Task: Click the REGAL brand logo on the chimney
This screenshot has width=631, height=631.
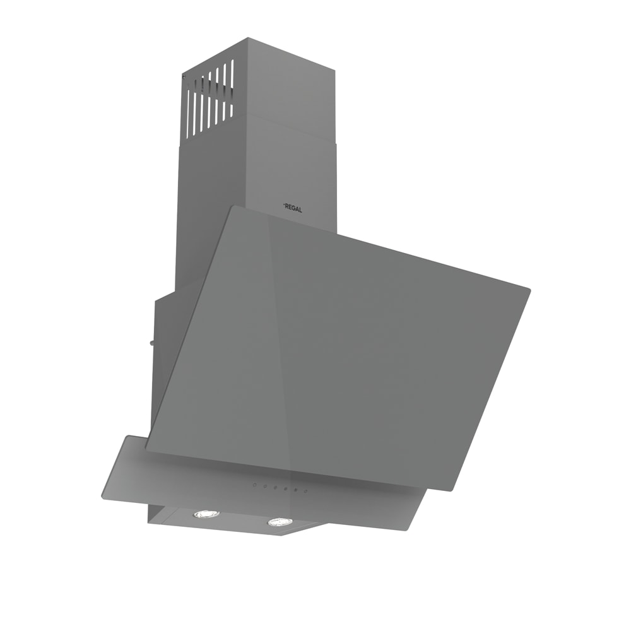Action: coord(293,208)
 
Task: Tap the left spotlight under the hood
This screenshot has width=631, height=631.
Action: coord(206,514)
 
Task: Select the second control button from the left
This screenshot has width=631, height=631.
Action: coord(265,486)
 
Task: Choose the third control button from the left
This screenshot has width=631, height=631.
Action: coord(275,487)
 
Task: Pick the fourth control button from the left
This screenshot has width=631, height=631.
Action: coord(285,488)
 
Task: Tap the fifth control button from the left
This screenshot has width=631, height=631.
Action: coord(295,490)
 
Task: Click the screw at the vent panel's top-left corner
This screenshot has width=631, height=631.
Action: coord(184,75)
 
